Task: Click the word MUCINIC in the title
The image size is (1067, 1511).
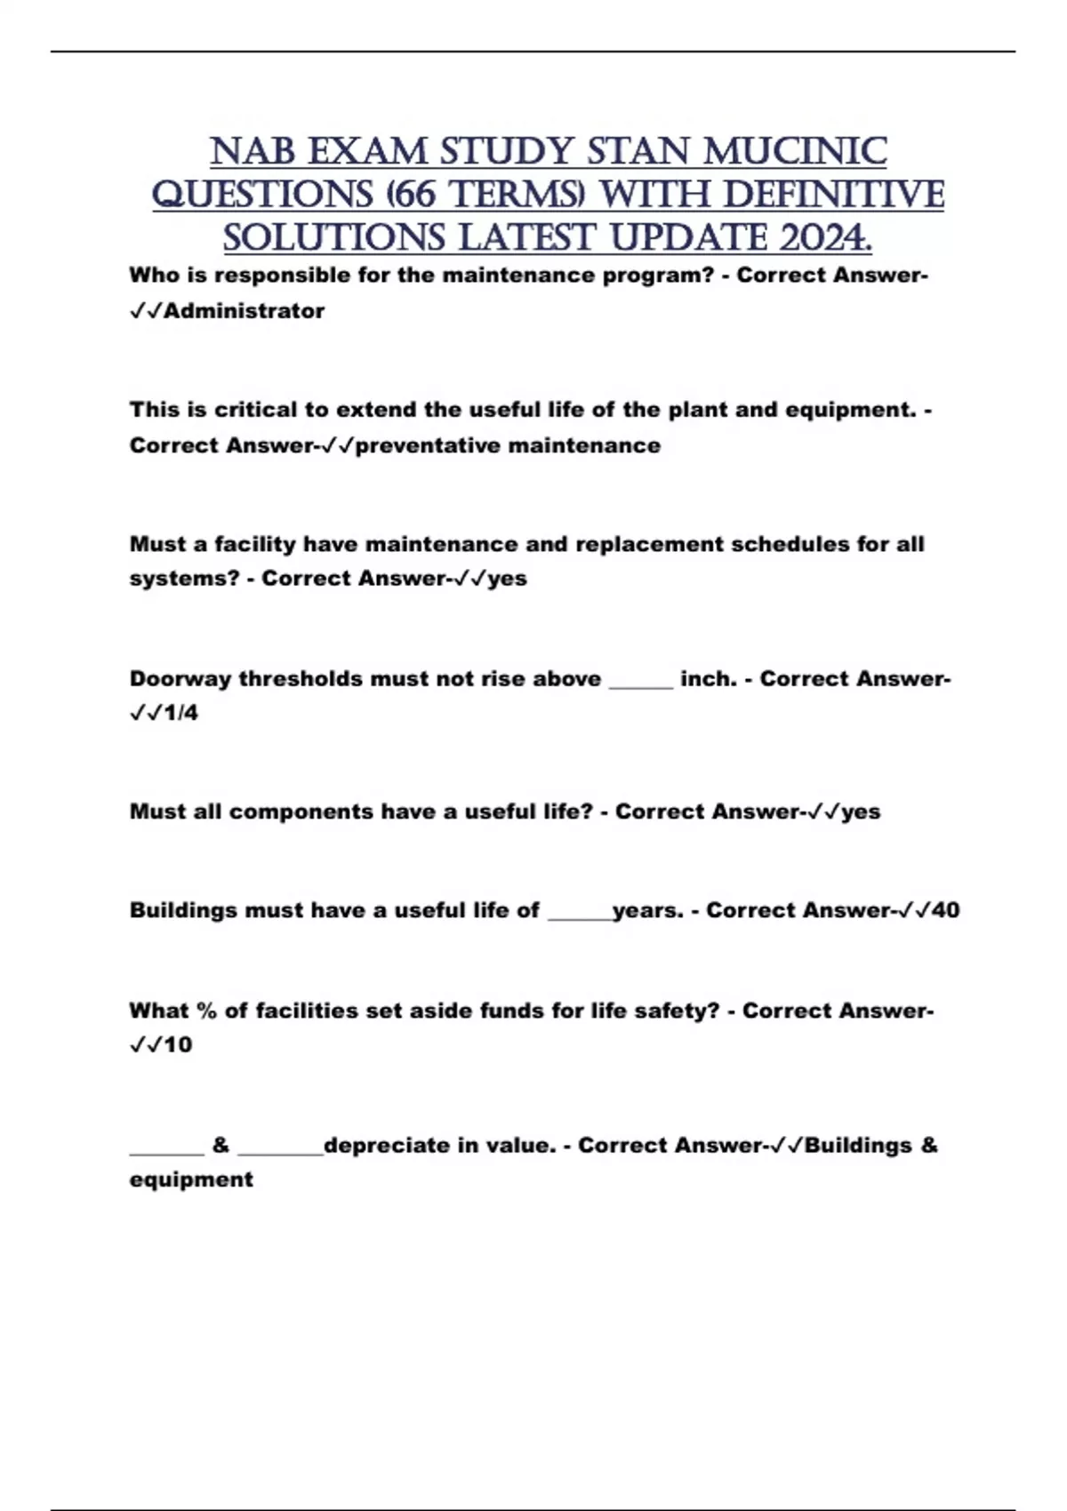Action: coord(795,152)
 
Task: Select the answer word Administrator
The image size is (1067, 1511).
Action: coord(245,311)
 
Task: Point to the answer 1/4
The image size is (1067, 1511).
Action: coord(181,713)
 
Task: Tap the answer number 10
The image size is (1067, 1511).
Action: coord(178,1044)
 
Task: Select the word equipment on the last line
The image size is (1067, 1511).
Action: coord(191,1179)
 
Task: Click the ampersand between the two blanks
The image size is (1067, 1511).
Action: coord(221,1145)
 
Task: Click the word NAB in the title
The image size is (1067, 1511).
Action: coord(253,152)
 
